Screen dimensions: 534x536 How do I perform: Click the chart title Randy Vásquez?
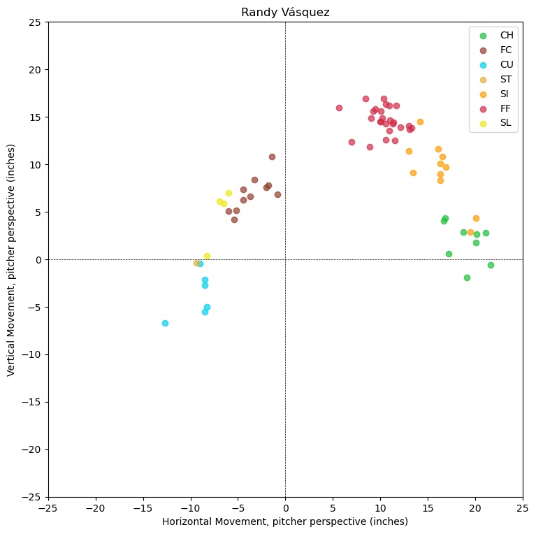[285, 12]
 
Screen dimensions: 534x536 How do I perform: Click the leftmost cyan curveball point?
[165, 323]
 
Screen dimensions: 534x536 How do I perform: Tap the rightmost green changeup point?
[491, 265]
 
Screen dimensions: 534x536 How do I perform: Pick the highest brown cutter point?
[272, 157]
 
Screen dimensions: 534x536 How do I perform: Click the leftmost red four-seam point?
[339, 108]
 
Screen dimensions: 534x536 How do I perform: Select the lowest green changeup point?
[467, 277]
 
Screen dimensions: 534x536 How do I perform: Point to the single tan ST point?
[196, 263]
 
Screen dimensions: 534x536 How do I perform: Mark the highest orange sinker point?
[420, 122]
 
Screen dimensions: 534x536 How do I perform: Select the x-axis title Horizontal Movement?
[285, 521]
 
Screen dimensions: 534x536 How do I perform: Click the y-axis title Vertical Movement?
[12, 259]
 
